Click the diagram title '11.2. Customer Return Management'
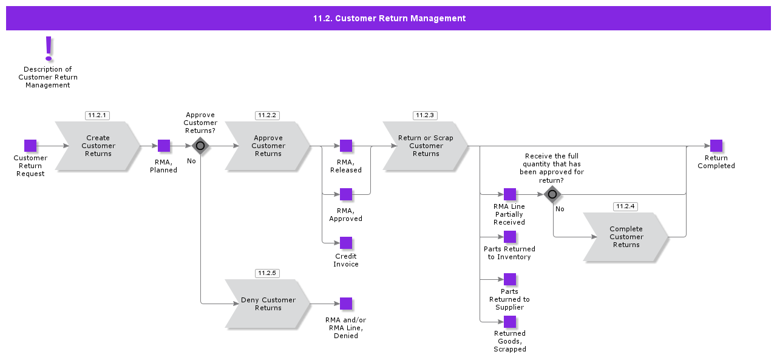(x=389, y=18)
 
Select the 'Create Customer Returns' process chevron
(x=98, y=146)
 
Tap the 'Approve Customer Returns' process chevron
(x=268, y=146)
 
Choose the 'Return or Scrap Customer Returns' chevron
(x=426, y=146)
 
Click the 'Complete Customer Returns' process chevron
(x=626, y=237)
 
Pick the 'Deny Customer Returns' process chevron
(x=268, y=304)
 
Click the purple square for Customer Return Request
(x=30, y=146)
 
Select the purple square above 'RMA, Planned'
(x=164, y=146)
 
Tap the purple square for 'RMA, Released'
(x=346, y=146)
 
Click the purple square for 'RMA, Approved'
(x=346, y=194)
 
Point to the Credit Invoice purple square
(x=346, y=243)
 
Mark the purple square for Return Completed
(x=716, y=146)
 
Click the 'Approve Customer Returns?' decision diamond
(x=200, y=146)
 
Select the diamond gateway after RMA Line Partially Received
(x=552, y=194)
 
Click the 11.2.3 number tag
(x=425, y=115)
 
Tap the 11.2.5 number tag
(x=267, y=273)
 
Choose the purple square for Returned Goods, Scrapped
(x=510, y=322)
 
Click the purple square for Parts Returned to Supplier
(x=510, y=279)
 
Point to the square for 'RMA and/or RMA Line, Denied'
(x=346, y=304)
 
